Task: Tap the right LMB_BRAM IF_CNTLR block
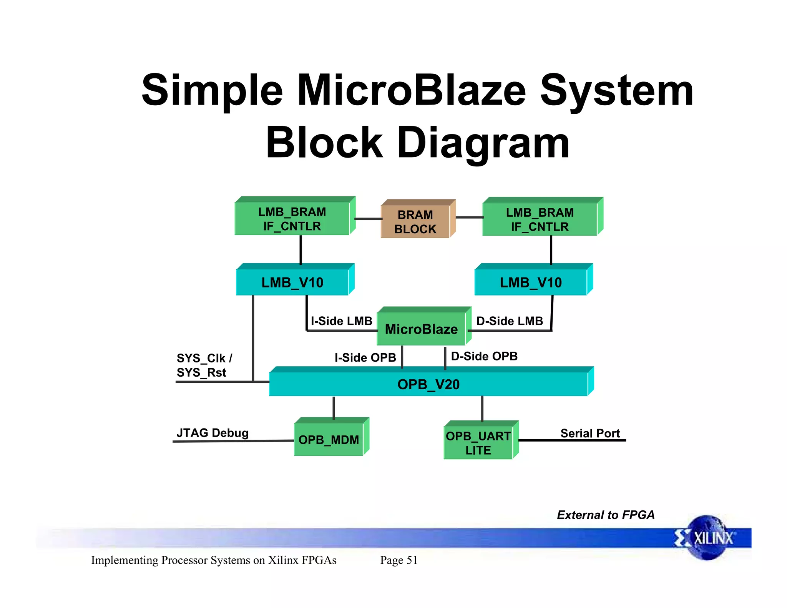pyautogui.click(x=540, y=219)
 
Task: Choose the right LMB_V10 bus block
pyautogui.click(x=531, y=282)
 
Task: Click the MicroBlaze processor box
pyautogui.click(x=422, y=329)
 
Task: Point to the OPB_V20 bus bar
pyautogui.click(x=428, y=384)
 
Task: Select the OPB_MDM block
pyautogui.click(x=329, y=439)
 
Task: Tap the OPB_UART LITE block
pyautogui.click(x=478, y=443)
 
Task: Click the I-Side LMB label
pyautogui.click(x=341, y=321)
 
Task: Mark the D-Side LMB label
pyautogui.click(x=510, y=321)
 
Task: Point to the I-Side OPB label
pyautogui.click(x=365, y=357)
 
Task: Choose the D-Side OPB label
pyautogui.click(x=484, y=356)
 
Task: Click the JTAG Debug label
pyautogui.click(x=213, y=433)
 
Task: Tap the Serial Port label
pyautogui.click(x=590, y=433)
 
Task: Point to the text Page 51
pyautogui.click(x=398, y=560)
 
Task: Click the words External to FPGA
pyautogui.click(x=606, y=515)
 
